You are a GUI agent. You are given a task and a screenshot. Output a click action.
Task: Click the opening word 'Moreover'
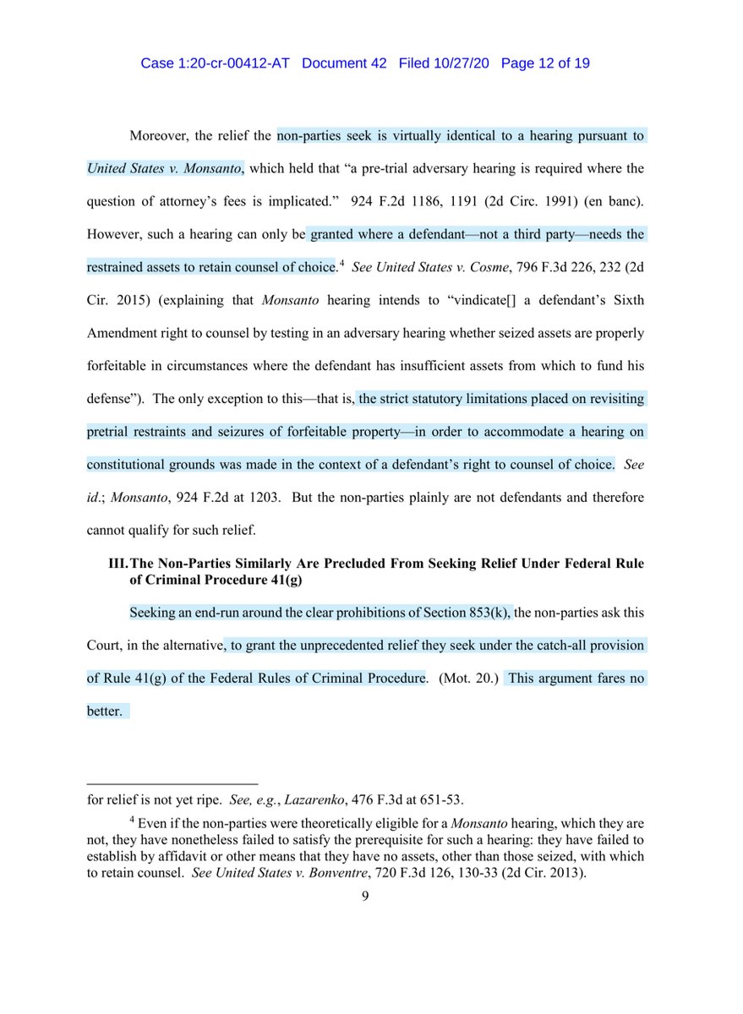pos(161,135)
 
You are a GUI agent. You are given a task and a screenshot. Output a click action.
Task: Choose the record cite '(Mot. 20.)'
pos(467,679)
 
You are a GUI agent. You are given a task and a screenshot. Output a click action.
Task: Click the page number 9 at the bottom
pos(365,898)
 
